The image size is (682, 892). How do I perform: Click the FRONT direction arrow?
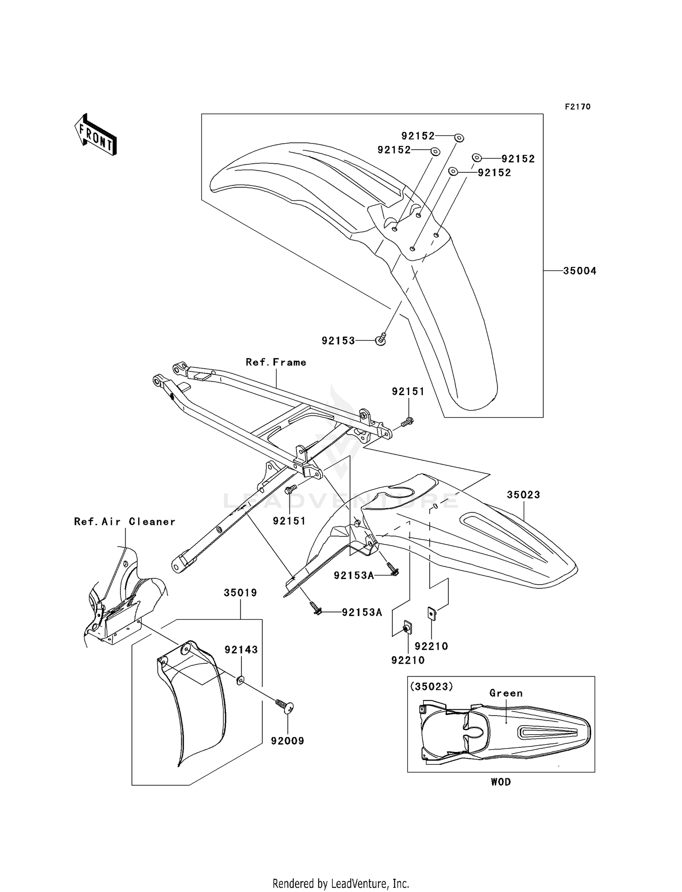coord(95,135)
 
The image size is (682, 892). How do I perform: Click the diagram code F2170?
coord(577,107)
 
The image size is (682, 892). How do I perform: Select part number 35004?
coord(580,271)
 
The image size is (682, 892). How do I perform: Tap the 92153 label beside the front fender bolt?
coord(338,341)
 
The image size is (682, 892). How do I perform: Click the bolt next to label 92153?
coord(381,339)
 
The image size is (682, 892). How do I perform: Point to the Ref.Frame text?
coord(276,362)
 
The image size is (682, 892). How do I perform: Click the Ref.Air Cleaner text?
coord(125,522)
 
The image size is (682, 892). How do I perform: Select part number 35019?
coord(240,593)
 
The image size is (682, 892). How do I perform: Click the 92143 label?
coord(241,650)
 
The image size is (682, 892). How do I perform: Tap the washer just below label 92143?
coord(241,680)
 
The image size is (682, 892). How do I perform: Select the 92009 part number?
coord(287,741)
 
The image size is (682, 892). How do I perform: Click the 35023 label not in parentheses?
coord(523,495)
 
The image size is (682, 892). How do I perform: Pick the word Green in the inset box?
coord(506,693)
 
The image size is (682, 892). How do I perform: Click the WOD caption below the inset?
coord(501,782)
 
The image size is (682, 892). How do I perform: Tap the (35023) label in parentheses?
coord(431,687)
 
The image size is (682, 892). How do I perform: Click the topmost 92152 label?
coord(418,136)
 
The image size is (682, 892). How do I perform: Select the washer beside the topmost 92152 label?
coord(459,137)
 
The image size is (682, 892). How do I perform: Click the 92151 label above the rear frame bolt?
coord(408,391)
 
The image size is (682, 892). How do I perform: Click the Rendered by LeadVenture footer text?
coord(341,883)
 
